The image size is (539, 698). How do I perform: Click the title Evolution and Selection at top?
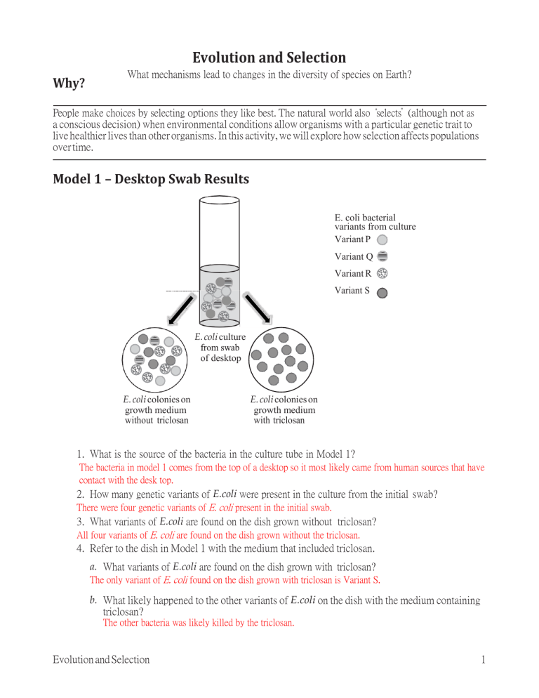[x=269, y=58]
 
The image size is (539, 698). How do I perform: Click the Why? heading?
[x=69, y=84]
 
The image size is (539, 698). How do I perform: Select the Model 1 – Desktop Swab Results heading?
[x=151, y=179]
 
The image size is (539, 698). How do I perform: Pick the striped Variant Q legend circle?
[x=382, y=256]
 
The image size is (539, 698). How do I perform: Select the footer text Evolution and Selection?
[x=101, y=659]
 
